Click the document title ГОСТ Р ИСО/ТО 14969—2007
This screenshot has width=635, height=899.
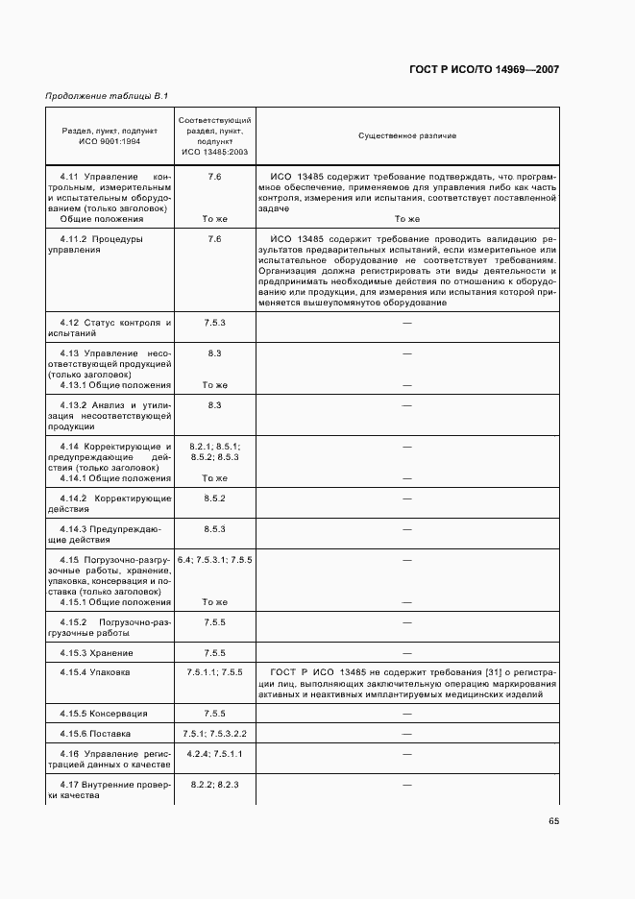tap(486, 70)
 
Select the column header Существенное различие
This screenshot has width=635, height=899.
tap(407, 136)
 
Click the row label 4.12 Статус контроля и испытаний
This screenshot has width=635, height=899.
tap(110, 328)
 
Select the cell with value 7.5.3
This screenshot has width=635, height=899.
tap(214, 323)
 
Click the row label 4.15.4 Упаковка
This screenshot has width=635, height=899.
tap(100, 672)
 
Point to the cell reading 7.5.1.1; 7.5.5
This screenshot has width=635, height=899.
tap(214, 672)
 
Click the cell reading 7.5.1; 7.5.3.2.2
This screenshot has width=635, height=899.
tap(214, 734)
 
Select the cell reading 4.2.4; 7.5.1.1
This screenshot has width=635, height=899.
tap(214, 753)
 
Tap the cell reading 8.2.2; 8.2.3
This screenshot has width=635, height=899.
tap(214, 785)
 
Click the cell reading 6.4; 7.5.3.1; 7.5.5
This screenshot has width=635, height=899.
tap(214, 560)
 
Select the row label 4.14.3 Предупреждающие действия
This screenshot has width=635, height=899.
tap(110, 535)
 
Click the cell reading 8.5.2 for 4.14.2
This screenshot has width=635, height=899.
tap(214, 498)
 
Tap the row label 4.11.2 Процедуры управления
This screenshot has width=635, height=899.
tap(110, 244)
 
